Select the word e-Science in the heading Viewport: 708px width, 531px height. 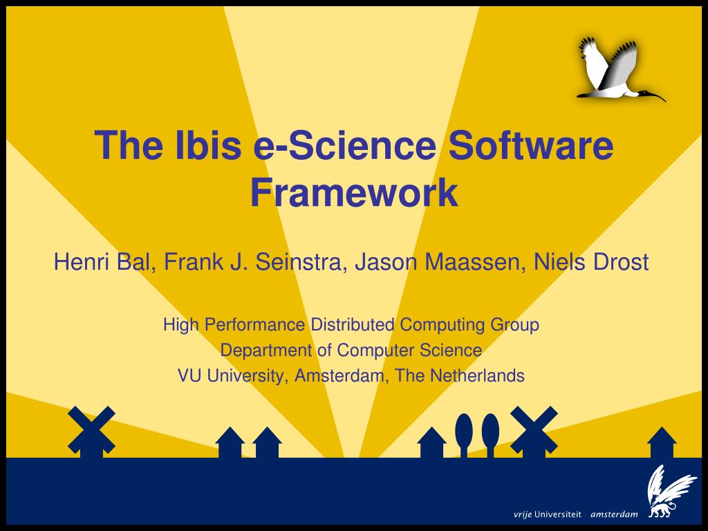(345, 145)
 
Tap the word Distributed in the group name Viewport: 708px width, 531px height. (352, 324)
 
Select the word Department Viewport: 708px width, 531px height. (266, 350)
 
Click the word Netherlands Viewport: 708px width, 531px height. (477, 375)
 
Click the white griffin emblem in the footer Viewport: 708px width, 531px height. (670, 492)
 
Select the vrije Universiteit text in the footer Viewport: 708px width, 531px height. (548, 514)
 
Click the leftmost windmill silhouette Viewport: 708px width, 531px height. (92, 431)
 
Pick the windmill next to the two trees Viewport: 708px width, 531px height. (534, 431)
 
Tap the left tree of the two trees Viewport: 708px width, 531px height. (464, 434)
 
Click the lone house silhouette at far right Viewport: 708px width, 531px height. (662, 442)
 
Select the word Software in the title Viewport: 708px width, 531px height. (531, 145)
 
